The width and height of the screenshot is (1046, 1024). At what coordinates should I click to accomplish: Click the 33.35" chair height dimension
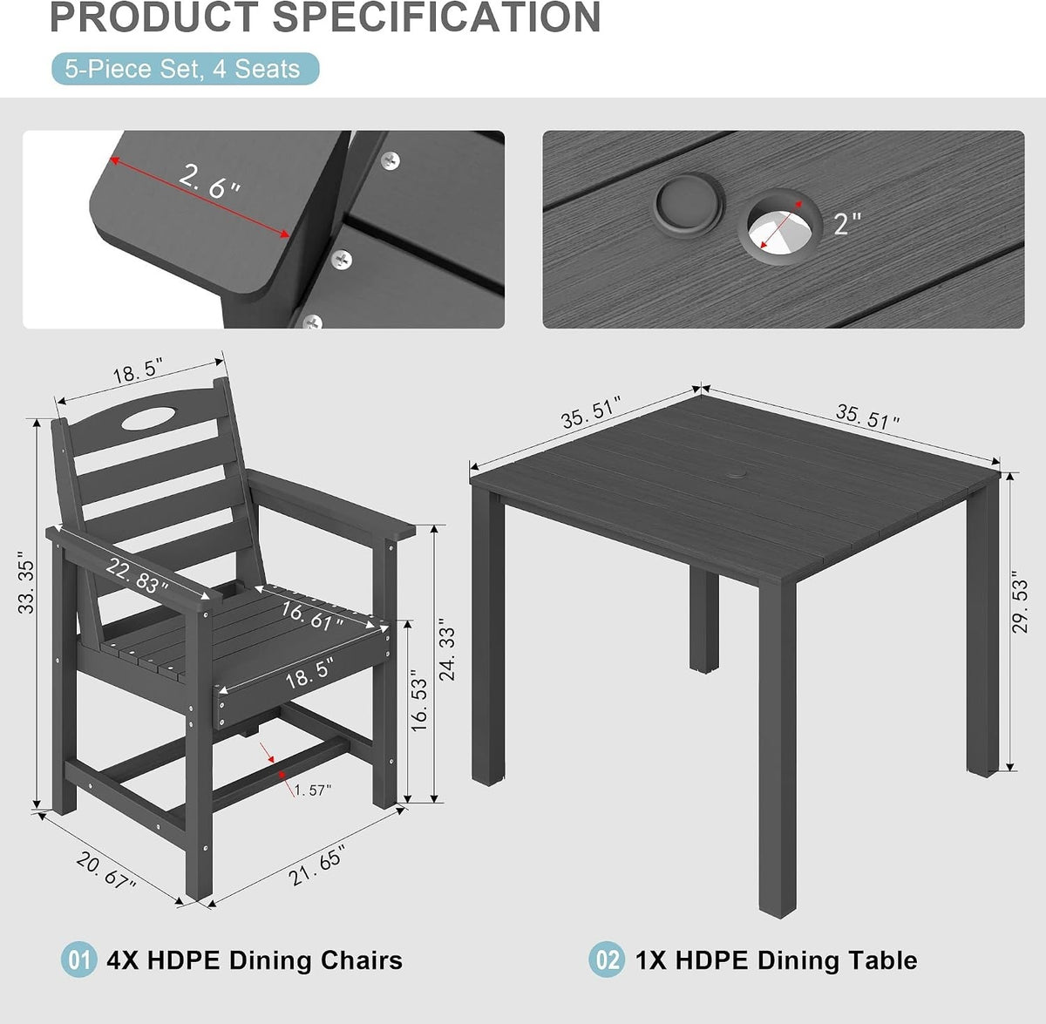click(x=26, y=582)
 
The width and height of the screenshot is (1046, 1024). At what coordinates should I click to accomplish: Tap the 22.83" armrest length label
click(x=136, y=575)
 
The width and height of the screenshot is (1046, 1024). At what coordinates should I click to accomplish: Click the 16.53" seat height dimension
click(x=419, y=701)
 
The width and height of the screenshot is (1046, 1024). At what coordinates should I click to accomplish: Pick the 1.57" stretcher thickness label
click(x=312, y=790)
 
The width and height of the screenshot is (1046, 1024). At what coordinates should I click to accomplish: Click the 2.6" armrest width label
click(x=209, y=182)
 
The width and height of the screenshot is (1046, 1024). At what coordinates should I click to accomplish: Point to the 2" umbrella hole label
click(x=846, y=223)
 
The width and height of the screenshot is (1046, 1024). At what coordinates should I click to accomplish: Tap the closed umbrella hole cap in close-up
click(x=689, y=203)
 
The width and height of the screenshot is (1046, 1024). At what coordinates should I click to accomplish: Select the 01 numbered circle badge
click(x=78, y=960)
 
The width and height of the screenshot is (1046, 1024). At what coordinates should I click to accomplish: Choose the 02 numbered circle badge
click(x=607, y=960)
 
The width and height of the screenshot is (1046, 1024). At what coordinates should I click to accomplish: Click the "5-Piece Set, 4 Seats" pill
click(x=185, y=69)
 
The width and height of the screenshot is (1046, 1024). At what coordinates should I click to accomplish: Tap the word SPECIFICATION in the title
click(x=437, y=17)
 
